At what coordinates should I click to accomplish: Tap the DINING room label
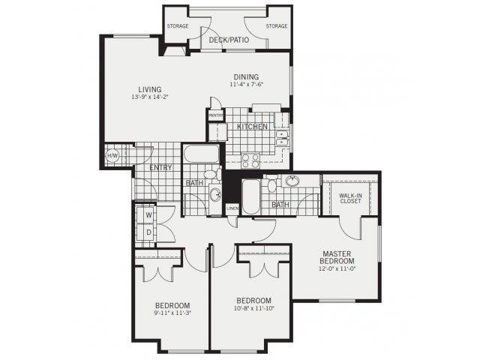tap(246, 76)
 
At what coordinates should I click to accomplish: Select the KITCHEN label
tap(252, 127)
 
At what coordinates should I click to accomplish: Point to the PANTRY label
tap(215, 115)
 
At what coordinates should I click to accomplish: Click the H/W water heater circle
tap(113, 156)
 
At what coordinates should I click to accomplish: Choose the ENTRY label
tap(160, 167)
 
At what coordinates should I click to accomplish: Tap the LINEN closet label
tap(232, 208)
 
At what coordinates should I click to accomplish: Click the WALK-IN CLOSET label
tap(351, 198)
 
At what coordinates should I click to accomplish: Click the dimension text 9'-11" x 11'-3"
tap(172, 313)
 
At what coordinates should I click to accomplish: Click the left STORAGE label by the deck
tap(178, 26)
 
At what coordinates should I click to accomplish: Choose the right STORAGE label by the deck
tap(276, 26)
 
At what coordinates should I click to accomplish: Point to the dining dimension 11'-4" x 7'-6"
tap(246, 84)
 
